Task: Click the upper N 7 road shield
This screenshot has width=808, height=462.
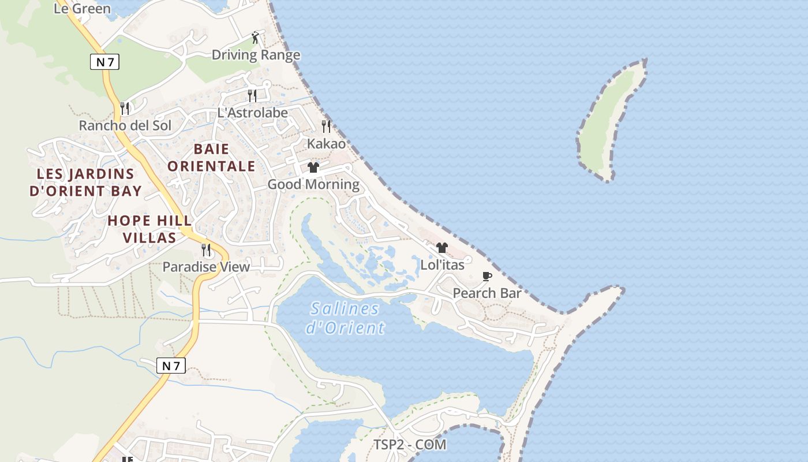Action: pos(104,62)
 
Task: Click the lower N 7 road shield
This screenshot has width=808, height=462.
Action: pos(171,366)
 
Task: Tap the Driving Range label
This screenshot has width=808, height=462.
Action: pos(256,55)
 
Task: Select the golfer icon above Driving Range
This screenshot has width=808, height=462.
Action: pos(256,38)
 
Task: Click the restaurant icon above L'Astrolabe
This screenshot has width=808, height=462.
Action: pos(252,95)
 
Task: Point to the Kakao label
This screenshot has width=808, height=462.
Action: pos(326,144)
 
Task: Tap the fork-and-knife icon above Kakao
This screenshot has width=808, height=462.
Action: pos(326,126)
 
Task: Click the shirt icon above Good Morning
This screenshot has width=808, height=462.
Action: pos(313,167)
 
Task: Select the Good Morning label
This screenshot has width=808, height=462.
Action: pos(313,184)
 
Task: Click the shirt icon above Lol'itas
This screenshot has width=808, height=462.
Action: pos(442,248)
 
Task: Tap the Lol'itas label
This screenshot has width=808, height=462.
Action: pos(442,265)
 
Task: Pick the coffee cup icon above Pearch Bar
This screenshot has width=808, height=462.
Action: pos(487,276)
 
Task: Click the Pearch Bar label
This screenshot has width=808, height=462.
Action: pos(487,293)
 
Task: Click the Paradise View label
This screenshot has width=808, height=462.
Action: pos(206,267)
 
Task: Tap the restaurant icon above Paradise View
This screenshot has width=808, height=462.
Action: pos(205,249)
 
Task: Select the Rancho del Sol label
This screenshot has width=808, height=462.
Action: pos(125,125)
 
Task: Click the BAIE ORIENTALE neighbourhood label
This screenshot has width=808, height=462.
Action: pos(211,158)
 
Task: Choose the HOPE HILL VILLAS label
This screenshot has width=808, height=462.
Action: pos(149,229)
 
